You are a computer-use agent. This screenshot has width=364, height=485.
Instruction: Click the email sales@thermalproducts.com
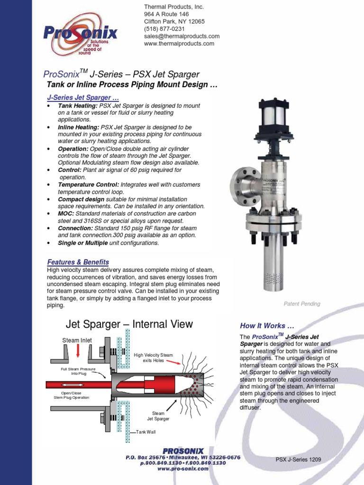182,36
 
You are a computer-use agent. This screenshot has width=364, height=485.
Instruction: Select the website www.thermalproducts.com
179,44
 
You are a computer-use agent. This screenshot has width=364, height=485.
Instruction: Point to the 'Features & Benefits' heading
78,262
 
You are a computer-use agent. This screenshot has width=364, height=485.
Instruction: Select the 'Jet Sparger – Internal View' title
129,324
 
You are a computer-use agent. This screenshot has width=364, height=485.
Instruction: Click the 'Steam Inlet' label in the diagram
77,340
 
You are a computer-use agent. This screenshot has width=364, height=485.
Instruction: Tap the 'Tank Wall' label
146,432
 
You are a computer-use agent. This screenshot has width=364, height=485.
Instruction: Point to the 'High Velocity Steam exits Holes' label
154,358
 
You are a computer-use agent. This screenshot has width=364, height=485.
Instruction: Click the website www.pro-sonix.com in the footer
182,469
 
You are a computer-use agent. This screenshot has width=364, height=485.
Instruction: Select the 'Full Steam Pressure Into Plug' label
78,371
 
